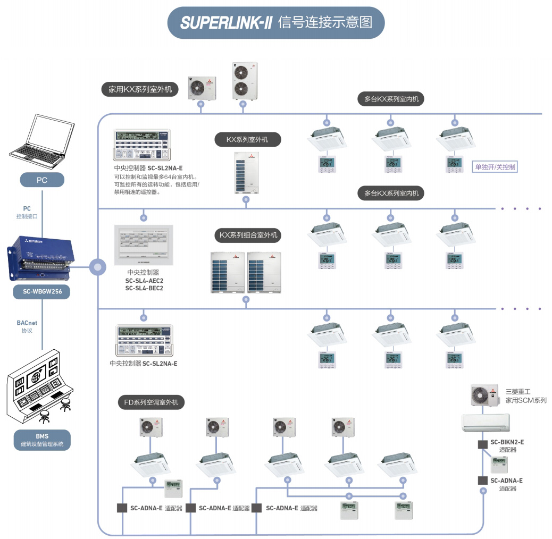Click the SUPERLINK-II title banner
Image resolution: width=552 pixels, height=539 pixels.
(275, 23)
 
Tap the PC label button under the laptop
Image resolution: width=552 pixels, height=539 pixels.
(42, 180)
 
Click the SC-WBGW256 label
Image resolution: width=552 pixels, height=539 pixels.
(42, 291)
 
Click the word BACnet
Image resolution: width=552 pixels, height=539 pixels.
(27, 322)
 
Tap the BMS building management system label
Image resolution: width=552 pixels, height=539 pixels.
(42, 440)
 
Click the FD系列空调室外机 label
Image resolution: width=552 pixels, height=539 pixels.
(151, 402)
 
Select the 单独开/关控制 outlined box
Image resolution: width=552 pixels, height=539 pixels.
(495, 167)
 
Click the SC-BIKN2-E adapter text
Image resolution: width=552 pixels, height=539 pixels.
(507, 442)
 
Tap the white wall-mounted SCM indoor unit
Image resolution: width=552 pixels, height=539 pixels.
(484, 423)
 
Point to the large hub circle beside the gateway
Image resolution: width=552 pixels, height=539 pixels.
(97, 266)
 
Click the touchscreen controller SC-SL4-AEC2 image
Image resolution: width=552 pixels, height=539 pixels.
(144, 245)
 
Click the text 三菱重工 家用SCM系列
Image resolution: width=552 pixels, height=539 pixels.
(525, 396)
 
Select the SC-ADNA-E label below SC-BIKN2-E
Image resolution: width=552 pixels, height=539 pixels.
(506, 481)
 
